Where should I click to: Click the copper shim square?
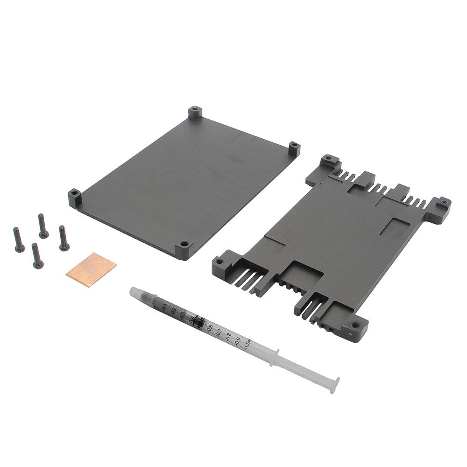(x=91, y=269)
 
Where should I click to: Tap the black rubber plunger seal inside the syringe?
(x=198, y=321)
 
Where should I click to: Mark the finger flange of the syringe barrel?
(x=275, y=354)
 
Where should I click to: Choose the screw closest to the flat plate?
(x=64, y=238)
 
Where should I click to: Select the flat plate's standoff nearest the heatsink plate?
(x=293, y=149)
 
